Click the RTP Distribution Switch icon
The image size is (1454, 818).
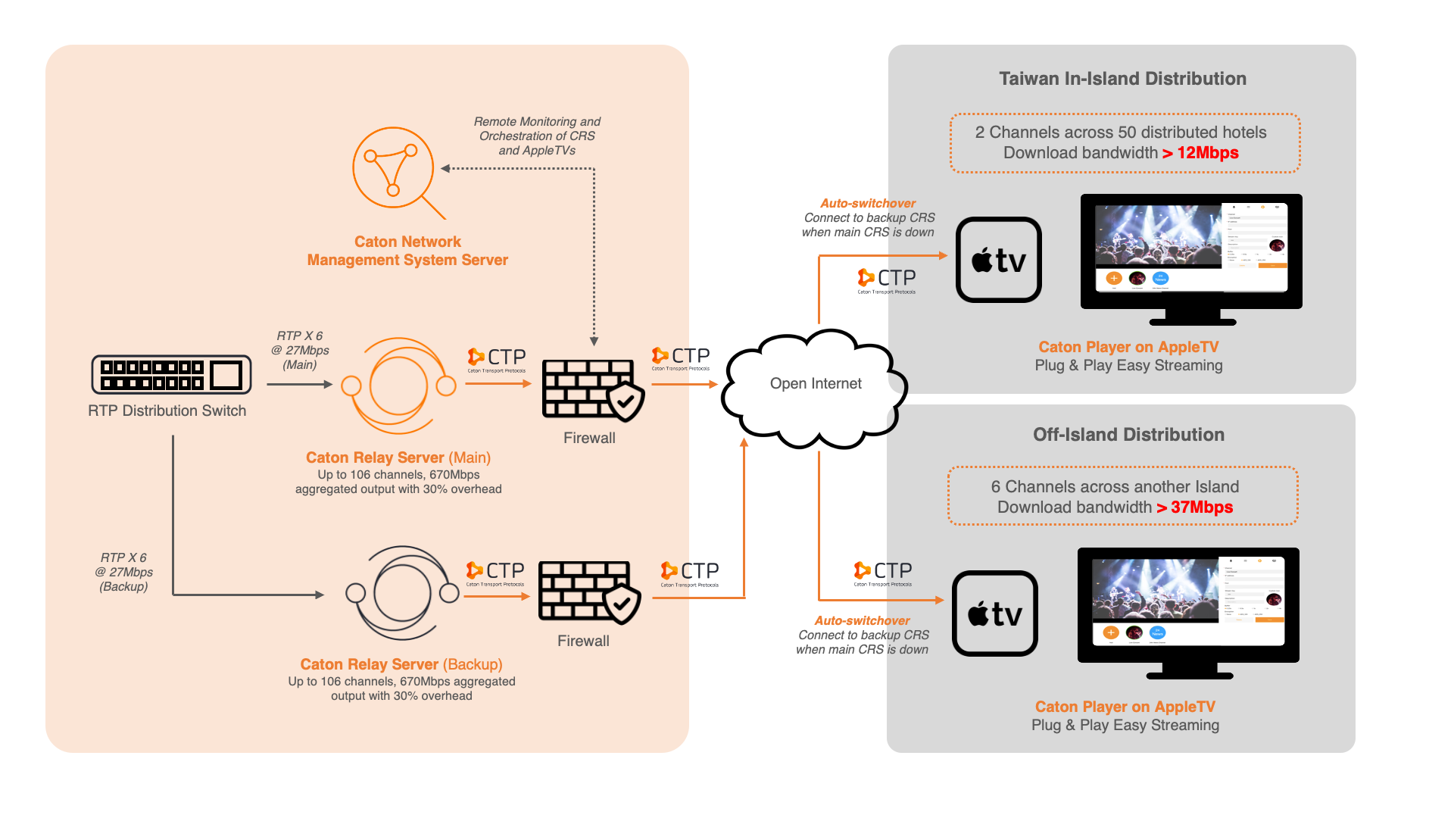pyautogui.click(x=171, y=374)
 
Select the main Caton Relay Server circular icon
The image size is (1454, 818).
pyautogui.click(x=398, y=386)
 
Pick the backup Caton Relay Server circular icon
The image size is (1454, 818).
pyautogui.click(x=402, y=593)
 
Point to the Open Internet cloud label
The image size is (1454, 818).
pyautogui.click(x=816, y=384)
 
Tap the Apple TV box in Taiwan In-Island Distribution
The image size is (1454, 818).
pyautogui.click(x=998, y=260)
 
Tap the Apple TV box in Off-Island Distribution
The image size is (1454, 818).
pyautogui.click(x=994, y=613)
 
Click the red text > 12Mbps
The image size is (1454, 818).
pyautogui.click(x=1200, y=153)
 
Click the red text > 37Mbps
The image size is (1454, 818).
pyautogui.click(x=1195, y=507)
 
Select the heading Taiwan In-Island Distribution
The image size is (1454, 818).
pyautogui.click(x=1122, y=79)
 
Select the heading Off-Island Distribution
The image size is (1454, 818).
pyautogui.click(x=1128, y=435)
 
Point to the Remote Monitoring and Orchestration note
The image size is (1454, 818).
pyautogui.click(x=537, y=136)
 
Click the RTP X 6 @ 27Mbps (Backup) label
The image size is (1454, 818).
pyautogui.click(x=124, y=572)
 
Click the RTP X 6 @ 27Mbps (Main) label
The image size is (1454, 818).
pyautogui.click(x=300, y=350)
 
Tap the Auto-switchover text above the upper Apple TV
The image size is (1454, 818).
pyautogui.click(x=868, y=203)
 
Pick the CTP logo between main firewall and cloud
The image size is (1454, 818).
pyautogui.click(x=681, y=358)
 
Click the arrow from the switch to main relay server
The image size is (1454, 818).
pyautogui.click(x=299, y=385)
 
